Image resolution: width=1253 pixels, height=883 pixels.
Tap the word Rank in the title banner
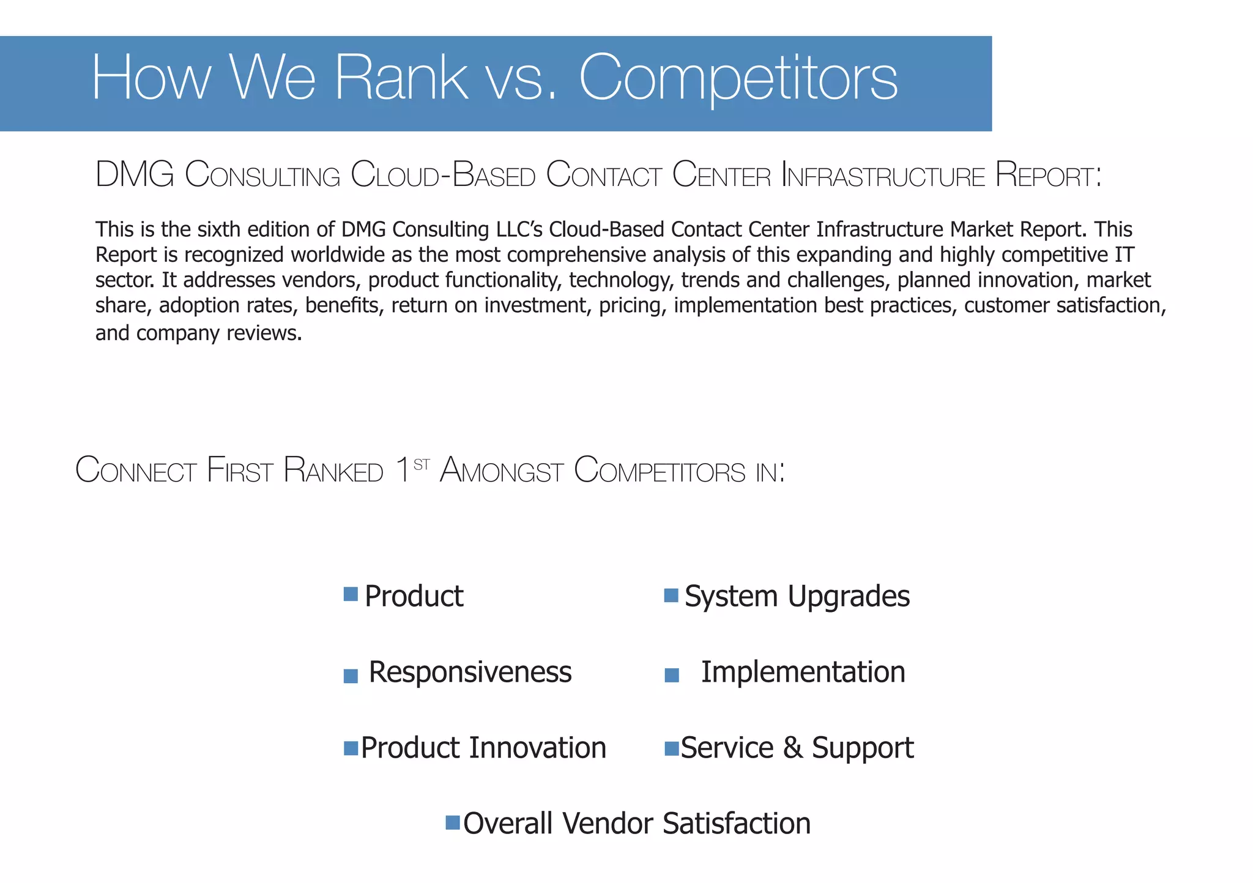401,78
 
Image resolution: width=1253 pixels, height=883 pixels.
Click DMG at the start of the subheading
135,174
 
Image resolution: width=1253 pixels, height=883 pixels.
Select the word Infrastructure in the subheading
883,176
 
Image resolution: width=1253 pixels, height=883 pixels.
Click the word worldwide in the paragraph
345,255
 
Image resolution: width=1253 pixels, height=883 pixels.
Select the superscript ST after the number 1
422,465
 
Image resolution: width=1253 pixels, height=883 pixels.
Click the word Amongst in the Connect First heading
501,471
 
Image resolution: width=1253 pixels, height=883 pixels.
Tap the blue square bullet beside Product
351,594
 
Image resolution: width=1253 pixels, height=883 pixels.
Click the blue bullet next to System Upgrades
671,595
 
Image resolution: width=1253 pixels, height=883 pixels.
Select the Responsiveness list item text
470,672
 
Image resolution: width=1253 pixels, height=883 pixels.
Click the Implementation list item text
803,672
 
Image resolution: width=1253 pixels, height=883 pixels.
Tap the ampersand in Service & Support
792,748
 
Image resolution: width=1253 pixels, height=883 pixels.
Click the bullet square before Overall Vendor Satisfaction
453,822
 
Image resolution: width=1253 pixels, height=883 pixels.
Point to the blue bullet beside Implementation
672,676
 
